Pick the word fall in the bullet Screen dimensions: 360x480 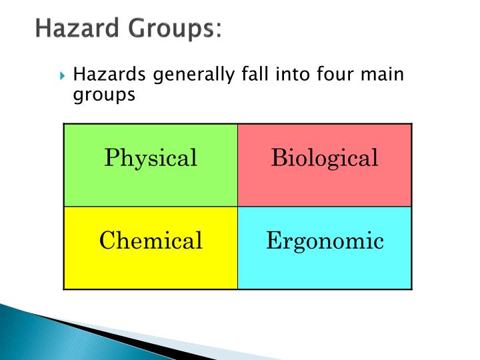click(x=250, y=74)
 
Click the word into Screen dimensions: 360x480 click(x=292, y=74)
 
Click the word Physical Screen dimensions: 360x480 click(x=151, y=159)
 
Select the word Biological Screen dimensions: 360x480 click(x=325, y=159)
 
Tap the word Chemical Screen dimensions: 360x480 click(x=151, y=241)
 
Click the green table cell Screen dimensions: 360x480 click(x=151, y=187)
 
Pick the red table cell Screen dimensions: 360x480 click(x=325, y=187)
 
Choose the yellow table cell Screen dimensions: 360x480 click(x=151, y=270)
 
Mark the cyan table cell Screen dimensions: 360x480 click(x=325, y=270)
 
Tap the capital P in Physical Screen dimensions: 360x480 click(x=111, y=158)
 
